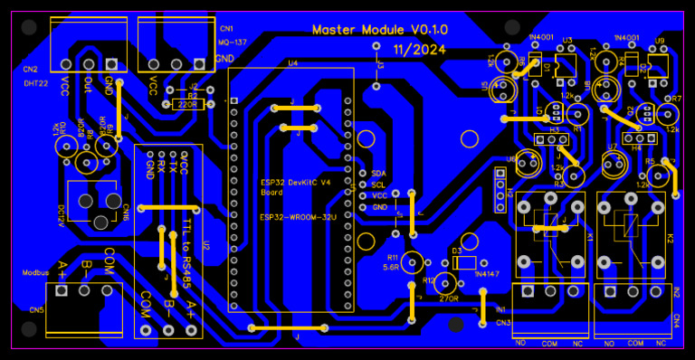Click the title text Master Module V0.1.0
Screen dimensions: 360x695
point(379,30)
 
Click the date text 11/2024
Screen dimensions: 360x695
point(419,50)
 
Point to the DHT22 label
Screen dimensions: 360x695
point(36,82)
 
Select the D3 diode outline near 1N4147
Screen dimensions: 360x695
point(463,262)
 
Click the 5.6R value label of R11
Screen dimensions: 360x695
point(391,268)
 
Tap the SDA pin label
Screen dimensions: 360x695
point(378,172)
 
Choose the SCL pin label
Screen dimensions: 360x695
point(378,184)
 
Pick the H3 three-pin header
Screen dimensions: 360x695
point(547,138)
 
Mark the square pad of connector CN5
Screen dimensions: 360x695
point(62,291)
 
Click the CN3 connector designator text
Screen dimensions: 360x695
point(503,322)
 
